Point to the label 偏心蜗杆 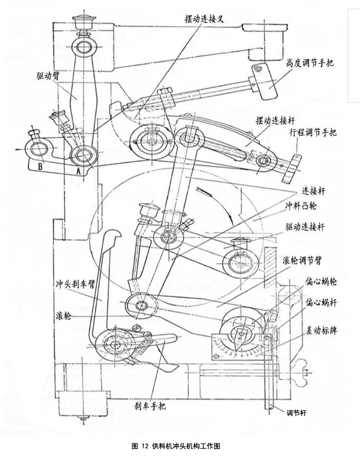coord(321,301)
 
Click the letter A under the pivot coord(78,172)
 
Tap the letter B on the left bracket coord(40,165)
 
